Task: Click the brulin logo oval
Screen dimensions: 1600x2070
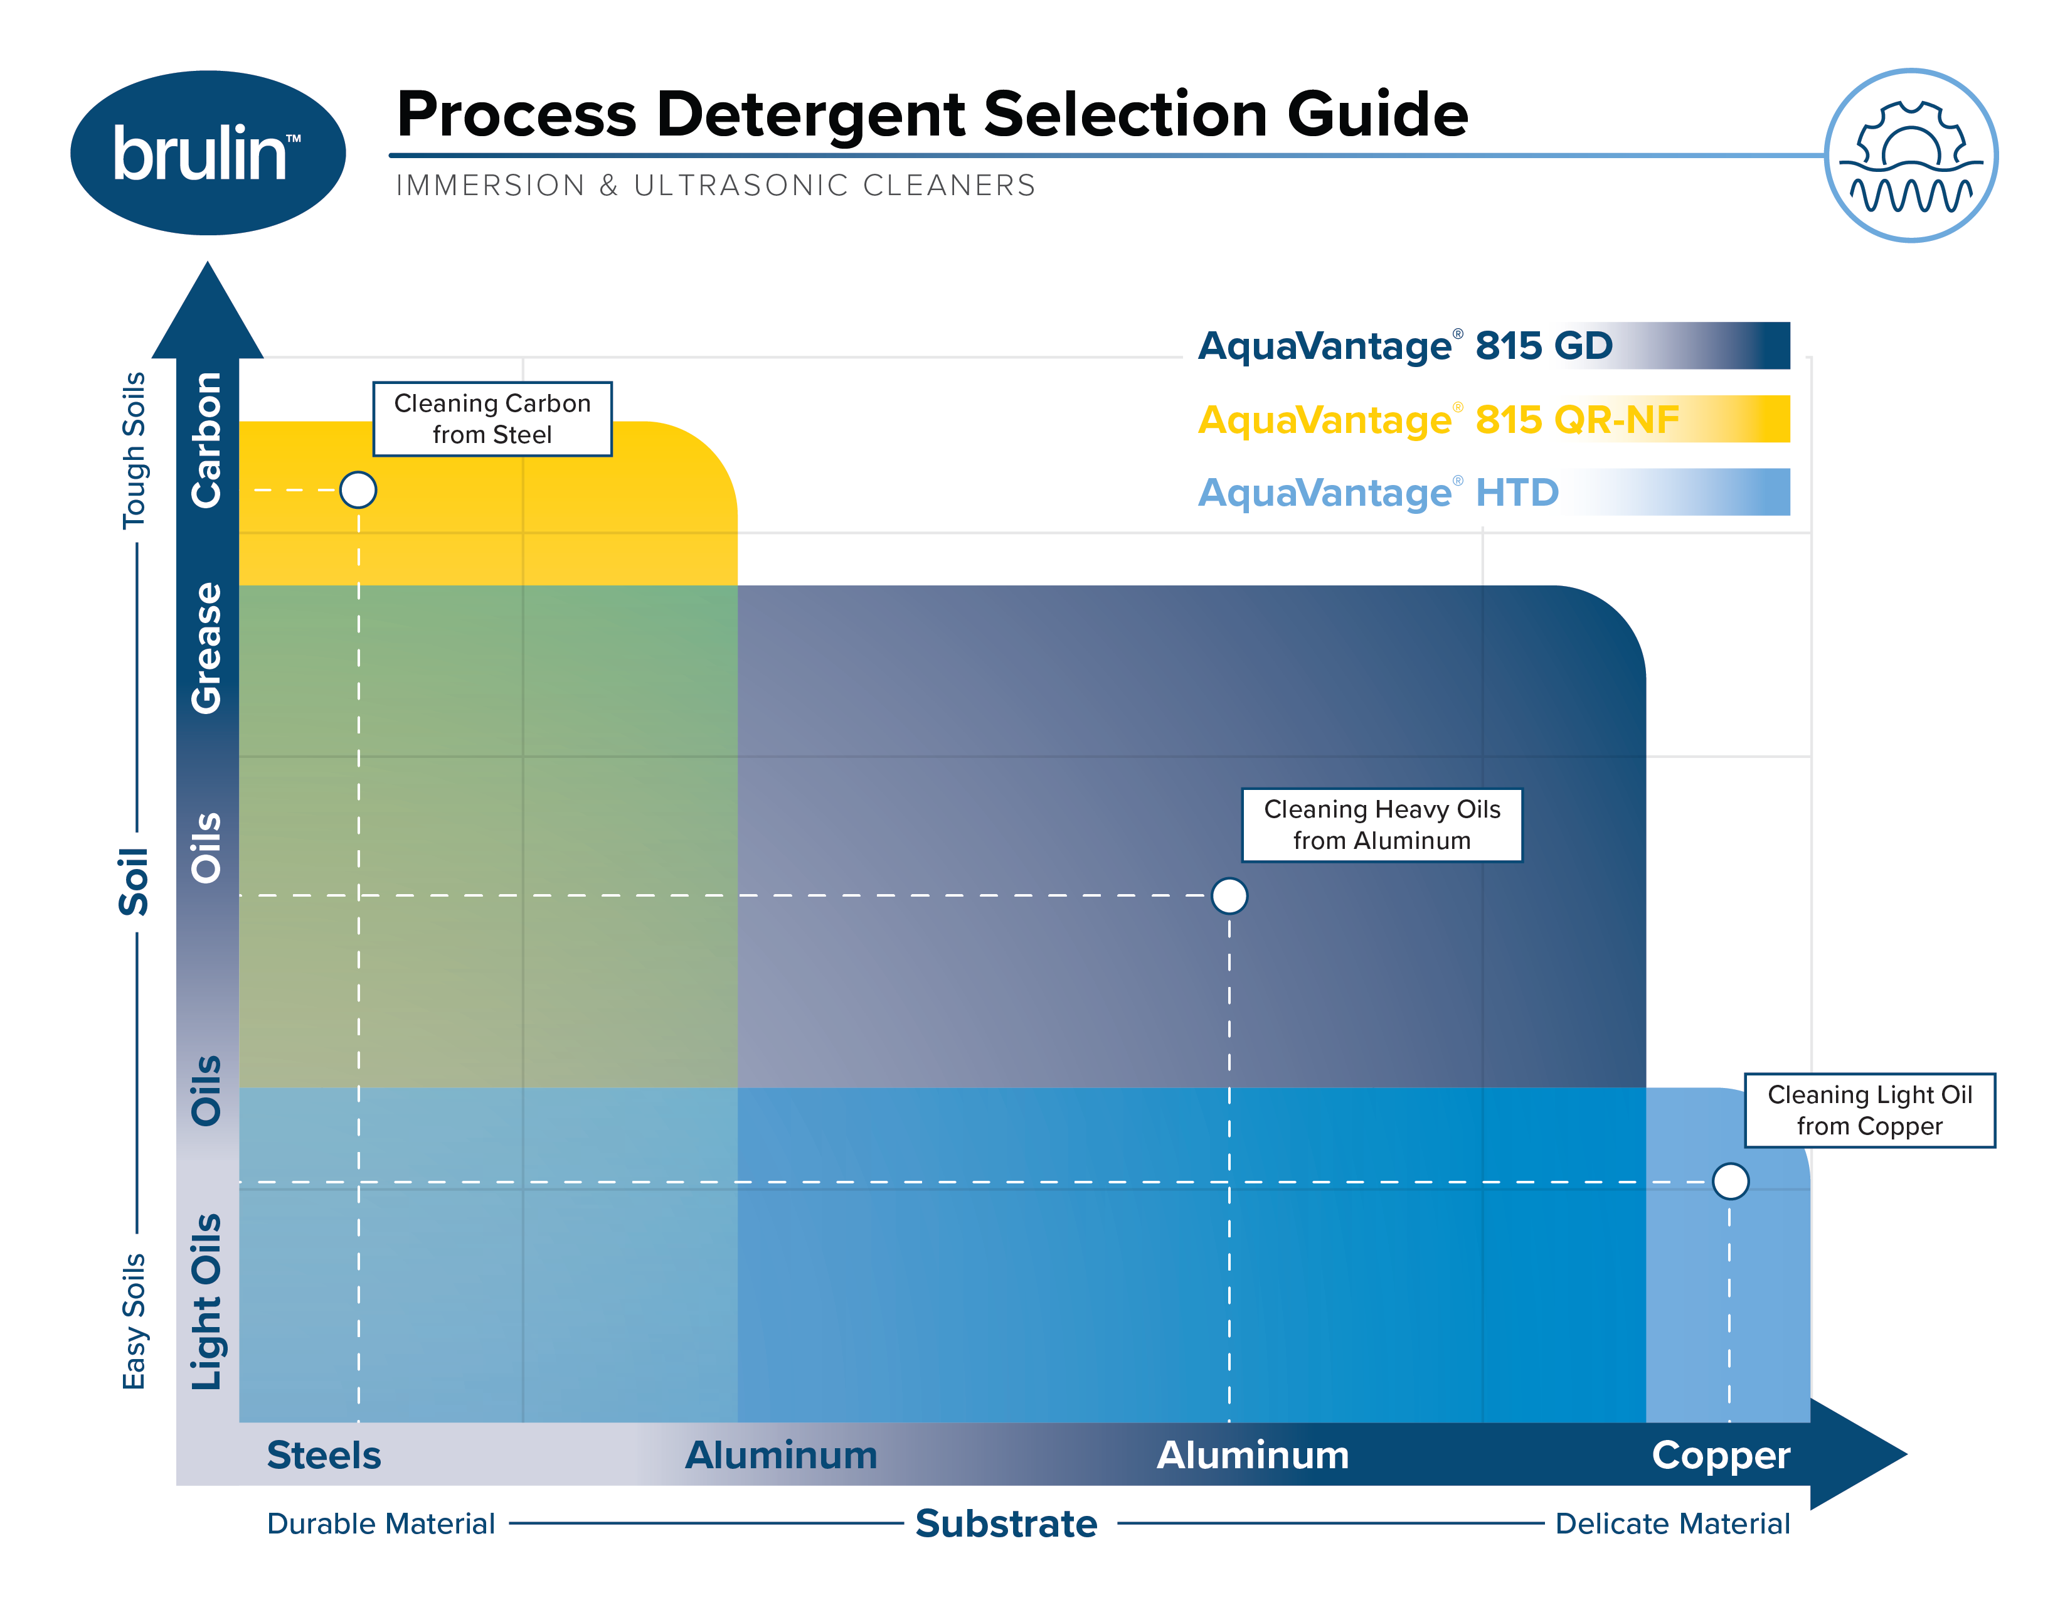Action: coord(208,152)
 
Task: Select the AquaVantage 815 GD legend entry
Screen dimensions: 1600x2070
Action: coord(1404,346)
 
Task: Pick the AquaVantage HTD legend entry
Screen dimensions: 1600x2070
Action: coord(1378,493)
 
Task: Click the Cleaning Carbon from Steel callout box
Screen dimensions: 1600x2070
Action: coord(492,419)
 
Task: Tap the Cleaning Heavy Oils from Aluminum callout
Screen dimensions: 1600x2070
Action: coord(1381,824)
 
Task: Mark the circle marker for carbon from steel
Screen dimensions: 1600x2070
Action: coord(358,490)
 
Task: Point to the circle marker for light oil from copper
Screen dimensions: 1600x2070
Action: coord(1730,1181)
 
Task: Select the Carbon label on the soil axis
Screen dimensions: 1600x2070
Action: coord(206,440)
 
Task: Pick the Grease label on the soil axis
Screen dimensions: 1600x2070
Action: coord(206,648)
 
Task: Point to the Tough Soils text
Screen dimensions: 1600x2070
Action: coord(134,451)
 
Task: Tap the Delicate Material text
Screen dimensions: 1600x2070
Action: coord(1672,1524)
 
